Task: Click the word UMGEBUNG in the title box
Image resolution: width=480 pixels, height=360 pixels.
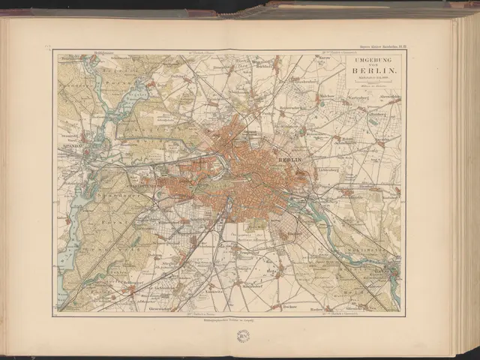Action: click(372, 59)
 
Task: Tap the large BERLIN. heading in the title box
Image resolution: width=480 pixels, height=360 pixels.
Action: click(372, 72)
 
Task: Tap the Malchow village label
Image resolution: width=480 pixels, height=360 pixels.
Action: click(325, 97)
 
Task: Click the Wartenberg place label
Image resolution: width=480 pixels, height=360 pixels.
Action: click(361, 99)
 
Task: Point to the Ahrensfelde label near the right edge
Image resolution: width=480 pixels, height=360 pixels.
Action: click(390, 98)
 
